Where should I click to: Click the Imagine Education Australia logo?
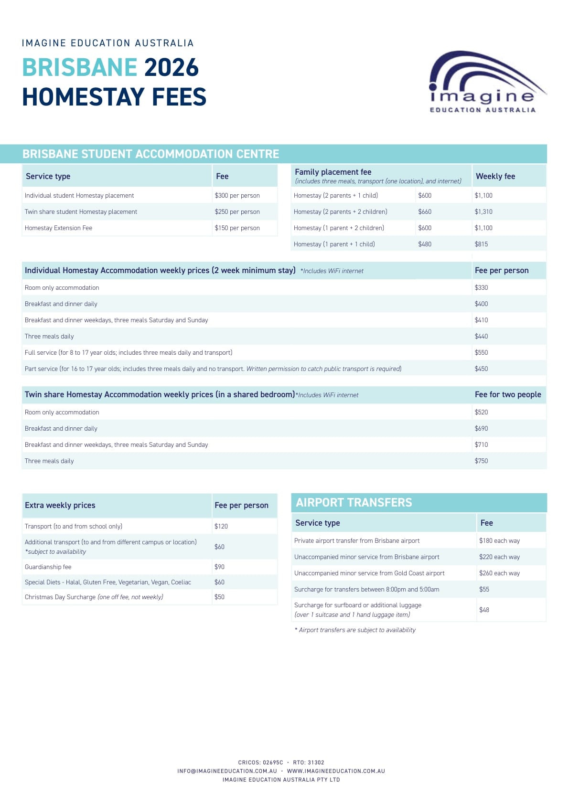pyautogui.click(x=485, y=82)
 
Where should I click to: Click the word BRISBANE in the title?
pyautogui.click(x=80, y=67)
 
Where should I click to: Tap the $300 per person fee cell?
pyautogui.click(x=237, y=196)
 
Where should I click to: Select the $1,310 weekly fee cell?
pyautogui.click(x=483, y=212)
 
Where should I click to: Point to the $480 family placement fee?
pyautogui.click(x=425, y=244)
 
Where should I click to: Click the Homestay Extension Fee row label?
pyautogui.click(x=58, y=228)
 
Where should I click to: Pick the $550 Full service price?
pyautogui.click(x=481, y=353)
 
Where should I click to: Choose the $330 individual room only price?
pyautogui.click(x=481, y=288)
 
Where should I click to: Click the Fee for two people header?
pyautogui.click(x=507, y=395)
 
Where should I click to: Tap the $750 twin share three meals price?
pyautogui.click(x=481, y=461)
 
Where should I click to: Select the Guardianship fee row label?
pyautogui.click(x=48, y=567)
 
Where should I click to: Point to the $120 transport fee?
pyautogui.click(x=221, y=527)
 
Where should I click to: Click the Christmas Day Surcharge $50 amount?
pyautogui.click(x=219, y=597)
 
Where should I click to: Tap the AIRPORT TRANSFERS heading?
pyautogui.click(x=354, y=503)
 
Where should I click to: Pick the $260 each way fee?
pyautogui.click(x=499, y=573)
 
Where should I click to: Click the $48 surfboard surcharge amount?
pyautogui.click(x=484, y=610)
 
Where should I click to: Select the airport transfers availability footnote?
pyautogui.click(x=355, y=630)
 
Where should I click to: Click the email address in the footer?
pyautogui.click(x=227, y=771)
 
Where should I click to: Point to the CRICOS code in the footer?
pyautogui.click(x=260, y=762)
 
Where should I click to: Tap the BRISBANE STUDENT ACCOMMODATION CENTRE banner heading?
pyautogui.click(x=150, y=154)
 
